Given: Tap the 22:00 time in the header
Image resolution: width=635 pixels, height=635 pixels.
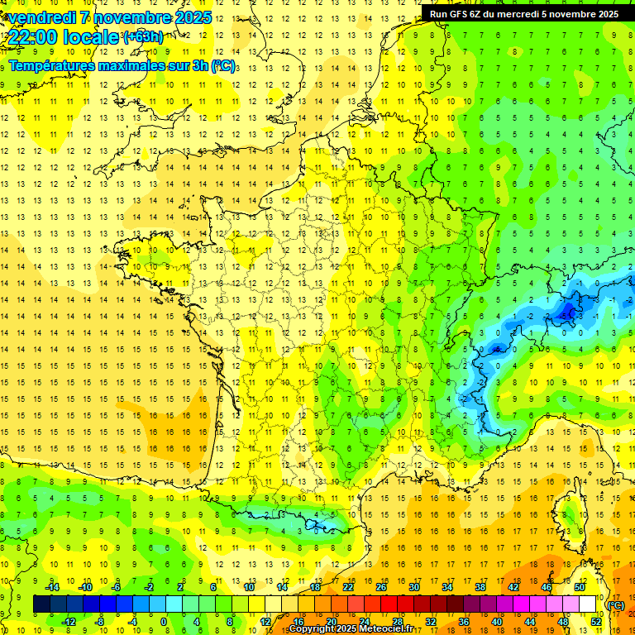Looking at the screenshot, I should pyautogui.click(x=37, y=37).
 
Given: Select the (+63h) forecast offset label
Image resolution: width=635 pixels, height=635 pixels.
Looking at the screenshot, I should pyautogui.click(x=143, y=36).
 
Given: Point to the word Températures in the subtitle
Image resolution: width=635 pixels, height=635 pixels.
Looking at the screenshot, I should pyautogui.click(x=55, y=65).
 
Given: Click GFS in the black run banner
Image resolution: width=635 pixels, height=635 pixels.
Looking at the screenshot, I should pyautogui.click(x=461, y=14).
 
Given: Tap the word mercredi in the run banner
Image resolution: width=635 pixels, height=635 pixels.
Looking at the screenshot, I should pyautogui.click(x=541, y=14).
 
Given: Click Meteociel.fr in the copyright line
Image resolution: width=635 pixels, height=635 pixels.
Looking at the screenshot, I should pyautogui.click(x=389, y=629).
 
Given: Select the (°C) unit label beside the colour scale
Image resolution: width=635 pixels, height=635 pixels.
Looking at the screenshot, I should pyautogui.click(x=615, y=605).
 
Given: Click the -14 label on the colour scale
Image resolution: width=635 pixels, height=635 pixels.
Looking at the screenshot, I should pyautogui.click(x=52, y=587).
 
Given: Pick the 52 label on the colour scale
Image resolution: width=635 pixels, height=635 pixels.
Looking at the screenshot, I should pyautogui.click(x=596, y=621).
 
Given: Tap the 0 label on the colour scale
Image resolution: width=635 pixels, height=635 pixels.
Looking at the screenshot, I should pyautogui.click(x=164, y=621).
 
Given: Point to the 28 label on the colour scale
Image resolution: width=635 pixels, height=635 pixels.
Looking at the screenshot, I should pyautogui.click(x=397, y=621).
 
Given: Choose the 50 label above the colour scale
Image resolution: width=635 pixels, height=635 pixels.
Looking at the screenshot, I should pyautogui.click(x=580, y=587).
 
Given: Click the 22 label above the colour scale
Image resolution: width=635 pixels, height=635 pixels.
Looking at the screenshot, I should pyautogui.click(x=348, y=587).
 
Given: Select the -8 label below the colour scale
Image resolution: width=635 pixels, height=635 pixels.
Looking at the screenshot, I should pyautogui.click(x=100, y=621).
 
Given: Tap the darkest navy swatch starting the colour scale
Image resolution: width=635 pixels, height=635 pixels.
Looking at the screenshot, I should pyautogui.click(x=41, y=604).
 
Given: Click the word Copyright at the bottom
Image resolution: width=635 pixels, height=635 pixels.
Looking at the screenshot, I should pyautogui.click(x=311, y=629).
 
